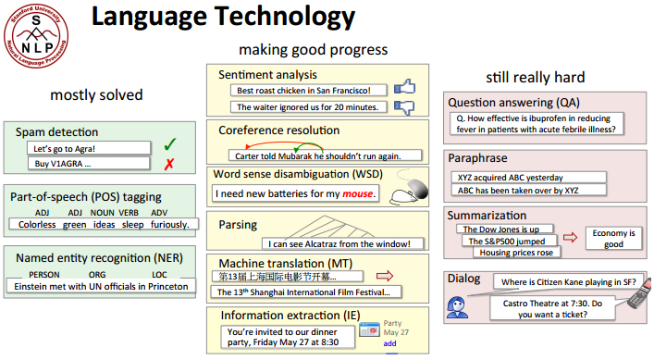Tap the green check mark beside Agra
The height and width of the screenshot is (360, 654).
[x=169, y=145]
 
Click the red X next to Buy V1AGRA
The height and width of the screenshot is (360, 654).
[x=169, y=164]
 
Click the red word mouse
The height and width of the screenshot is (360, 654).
[x=359, y=194]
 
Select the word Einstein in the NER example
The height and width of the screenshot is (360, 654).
[x=37, y=287]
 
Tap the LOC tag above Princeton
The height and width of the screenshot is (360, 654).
[x=159, y=275]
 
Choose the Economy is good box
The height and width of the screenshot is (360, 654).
[x=612, y=238]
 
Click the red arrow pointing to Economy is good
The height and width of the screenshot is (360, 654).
[x=570, y=238]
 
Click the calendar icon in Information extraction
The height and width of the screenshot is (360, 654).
[x=369, y=329]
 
